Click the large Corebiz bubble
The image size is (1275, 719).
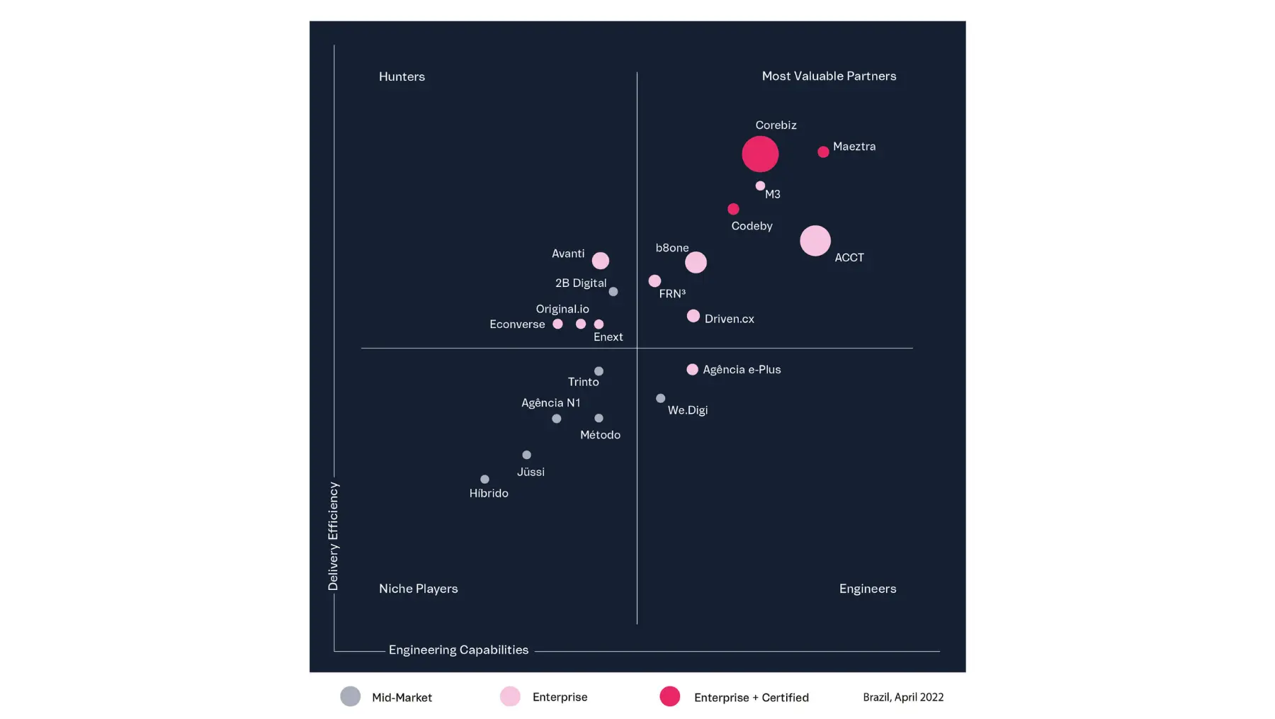[760, 154]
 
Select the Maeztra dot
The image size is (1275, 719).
[823, 152]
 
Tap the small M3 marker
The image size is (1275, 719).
[760, 186]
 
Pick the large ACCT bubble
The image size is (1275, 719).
[815, 241]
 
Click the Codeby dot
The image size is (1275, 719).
[733, 209]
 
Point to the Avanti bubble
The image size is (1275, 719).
[601, 261]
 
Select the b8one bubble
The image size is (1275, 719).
[696, 262]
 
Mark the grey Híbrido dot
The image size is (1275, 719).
[484, 480]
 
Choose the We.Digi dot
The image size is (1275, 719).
[661, 398]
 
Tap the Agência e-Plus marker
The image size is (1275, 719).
[692, 369]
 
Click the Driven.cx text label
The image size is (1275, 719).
[729, 319]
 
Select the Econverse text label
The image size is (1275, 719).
[517, 324]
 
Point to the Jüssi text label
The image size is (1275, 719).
[531, 472]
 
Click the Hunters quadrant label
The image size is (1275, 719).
[402, 77]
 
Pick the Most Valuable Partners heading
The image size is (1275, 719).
[829, 76]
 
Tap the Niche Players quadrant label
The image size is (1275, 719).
[418, 589]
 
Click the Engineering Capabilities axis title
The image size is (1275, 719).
[458, 650]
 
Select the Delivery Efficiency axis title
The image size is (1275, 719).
[333, 536]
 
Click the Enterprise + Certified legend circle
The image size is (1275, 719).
[669, 696]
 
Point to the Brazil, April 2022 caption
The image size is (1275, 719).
[903, 697]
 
